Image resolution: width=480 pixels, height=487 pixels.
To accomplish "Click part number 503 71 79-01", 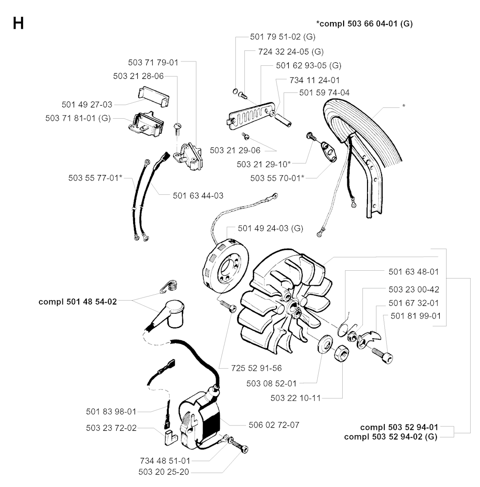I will (x=153, y=62).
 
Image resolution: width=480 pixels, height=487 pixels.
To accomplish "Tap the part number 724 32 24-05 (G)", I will (x=291, y=51).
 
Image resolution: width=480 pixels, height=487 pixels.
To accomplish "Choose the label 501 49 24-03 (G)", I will (x=270, y=228).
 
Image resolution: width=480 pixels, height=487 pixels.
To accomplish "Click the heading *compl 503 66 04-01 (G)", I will (x=364, y=23).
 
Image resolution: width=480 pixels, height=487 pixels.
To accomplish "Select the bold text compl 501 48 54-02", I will (x=77, y=302).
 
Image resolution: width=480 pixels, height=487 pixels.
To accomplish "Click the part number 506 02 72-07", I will (x=274, y=425).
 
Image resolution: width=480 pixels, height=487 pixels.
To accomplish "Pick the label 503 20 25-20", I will (x=164, y=472).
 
